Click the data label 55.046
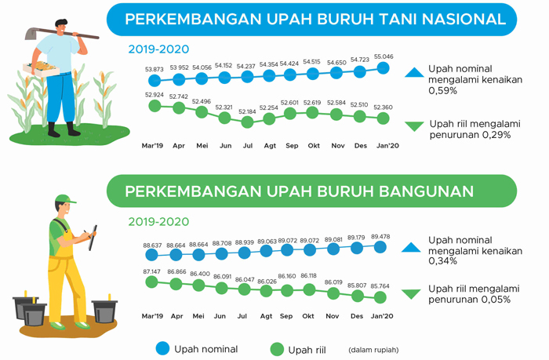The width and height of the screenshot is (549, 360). click(384, 56)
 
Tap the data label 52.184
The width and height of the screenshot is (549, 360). click(247, 111)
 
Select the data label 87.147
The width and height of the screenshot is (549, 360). click(151, 271)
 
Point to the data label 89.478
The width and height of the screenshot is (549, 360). click(380, 237)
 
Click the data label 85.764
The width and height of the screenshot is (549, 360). click(380, 286)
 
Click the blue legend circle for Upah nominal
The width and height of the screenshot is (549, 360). click(162, 348)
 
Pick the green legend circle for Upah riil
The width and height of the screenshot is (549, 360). click(277, 349)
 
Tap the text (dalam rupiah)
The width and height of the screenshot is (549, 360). click(373, 350)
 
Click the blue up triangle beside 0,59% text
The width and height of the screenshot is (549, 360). click(414, 72)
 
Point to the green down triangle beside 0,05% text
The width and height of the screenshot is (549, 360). click(411, 294)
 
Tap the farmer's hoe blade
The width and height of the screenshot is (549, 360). click(31, 34)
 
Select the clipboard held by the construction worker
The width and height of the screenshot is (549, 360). click(93, 238)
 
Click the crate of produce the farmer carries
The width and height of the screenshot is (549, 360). click(41, 69)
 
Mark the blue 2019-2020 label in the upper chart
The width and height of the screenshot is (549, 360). click(158, 49)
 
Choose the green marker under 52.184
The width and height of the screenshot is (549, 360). click(247, 122)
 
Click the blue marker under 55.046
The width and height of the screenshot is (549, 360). click(383, 68)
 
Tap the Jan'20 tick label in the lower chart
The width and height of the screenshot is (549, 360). click(382, 316)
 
